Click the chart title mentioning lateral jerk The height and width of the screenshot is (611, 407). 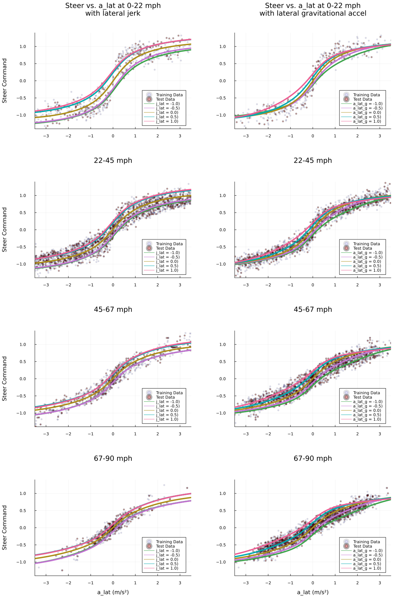click(x=113, y=10)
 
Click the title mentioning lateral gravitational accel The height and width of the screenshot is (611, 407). click(x=313, y=10)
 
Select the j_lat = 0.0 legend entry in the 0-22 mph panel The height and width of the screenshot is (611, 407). click(x=167, y=112)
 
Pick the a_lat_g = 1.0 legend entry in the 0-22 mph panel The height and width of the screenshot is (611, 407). click(x=367, y=121)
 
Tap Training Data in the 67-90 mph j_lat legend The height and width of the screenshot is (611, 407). click(x=169, y=542)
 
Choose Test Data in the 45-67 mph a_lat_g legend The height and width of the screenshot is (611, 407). click(x=362, y=397)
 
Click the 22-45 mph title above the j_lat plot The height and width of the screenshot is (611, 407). click(x=113, y=160)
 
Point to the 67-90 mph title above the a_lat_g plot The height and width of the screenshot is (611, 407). click(x=313, y=458)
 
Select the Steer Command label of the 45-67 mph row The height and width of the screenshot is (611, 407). click(x=5, y=378)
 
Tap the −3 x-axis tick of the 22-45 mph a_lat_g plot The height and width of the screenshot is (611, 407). click(x=246, y=285)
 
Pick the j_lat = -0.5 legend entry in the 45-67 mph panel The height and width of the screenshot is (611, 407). click(x=168, y=406)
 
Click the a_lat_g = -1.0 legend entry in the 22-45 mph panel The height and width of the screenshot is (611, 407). click(x=368, y=253)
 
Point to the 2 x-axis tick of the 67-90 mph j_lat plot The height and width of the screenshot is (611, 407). click(x=158, y=582)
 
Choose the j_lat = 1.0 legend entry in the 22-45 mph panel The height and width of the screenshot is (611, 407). click(x=167, y=270)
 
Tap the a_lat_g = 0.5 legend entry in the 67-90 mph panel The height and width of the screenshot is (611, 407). click(x=367, y=564)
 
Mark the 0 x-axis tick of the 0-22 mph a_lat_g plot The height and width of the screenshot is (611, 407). click(x=313, y=136)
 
